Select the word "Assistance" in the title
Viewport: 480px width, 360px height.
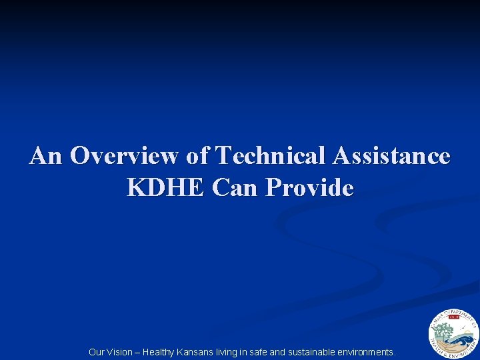tap(391, 156)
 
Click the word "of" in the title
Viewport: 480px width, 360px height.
tap(197, 156)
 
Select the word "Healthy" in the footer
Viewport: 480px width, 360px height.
tap(159, 352)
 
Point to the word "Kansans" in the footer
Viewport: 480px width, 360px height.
tap(195, 352)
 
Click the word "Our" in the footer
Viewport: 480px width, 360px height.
tap(97, 352)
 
